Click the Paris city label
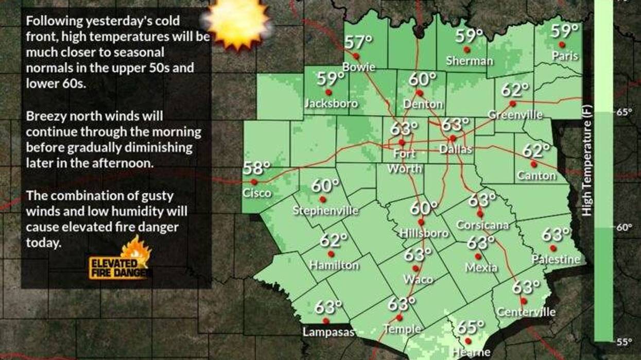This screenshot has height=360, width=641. click(565, 56)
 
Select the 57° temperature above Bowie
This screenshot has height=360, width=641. click(358, 42)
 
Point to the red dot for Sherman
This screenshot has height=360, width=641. click(467, 50)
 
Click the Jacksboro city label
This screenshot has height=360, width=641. click(331, 104)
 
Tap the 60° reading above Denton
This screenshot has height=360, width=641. click(423, 79)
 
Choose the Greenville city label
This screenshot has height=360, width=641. click(515, 114)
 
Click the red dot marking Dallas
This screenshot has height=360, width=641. click(453, 138)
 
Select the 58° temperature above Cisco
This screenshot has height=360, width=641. click(256, 168)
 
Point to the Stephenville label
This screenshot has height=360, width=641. click(325, 210)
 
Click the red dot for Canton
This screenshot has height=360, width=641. click(534, 164)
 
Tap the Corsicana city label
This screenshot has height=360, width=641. click(482, 225)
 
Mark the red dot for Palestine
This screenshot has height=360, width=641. click(552, 248)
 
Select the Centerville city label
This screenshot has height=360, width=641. click(526, 312)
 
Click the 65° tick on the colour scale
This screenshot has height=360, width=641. click(625, 111)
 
